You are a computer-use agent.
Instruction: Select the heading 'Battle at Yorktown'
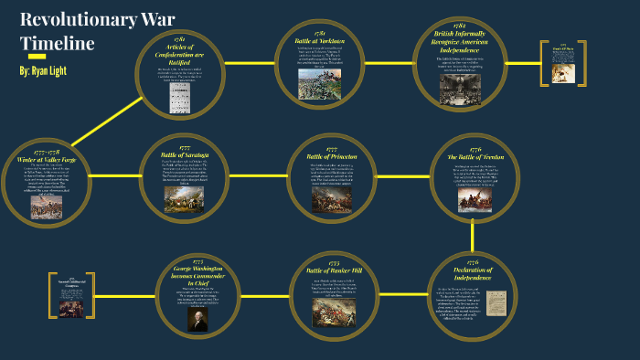click(319, 41)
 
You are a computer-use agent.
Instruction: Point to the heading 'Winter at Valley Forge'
click(47, 158)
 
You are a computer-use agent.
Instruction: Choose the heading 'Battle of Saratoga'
click(186, 154)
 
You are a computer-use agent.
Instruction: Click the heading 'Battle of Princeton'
click(332, 156)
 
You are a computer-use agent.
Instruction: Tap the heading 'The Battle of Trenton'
click(475, 156)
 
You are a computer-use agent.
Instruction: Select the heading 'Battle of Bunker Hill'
click(333, 270)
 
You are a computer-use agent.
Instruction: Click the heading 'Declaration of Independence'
click(473, 274)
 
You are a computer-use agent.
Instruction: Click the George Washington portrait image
click(198, 319)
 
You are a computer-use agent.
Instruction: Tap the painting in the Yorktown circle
click(319, 84)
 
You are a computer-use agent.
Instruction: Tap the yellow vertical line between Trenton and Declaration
click(473, 237)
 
